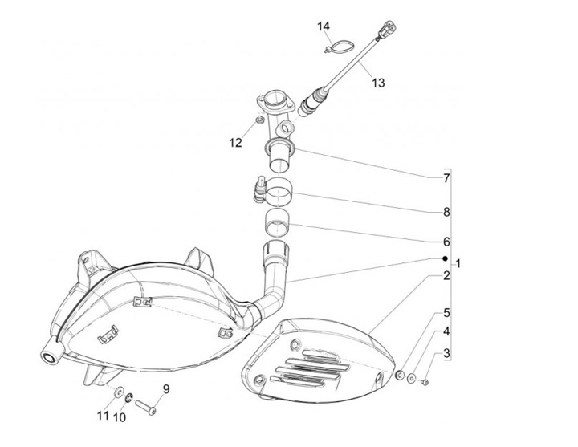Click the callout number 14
pos(324,27)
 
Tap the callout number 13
pos(377,82)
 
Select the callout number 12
pos(234,143)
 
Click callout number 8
pos(446,213)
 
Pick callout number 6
pos(446,242)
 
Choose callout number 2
pos(446,276)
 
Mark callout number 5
pos(446,314)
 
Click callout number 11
pos(103,416)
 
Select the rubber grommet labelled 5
pos(399,376)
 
